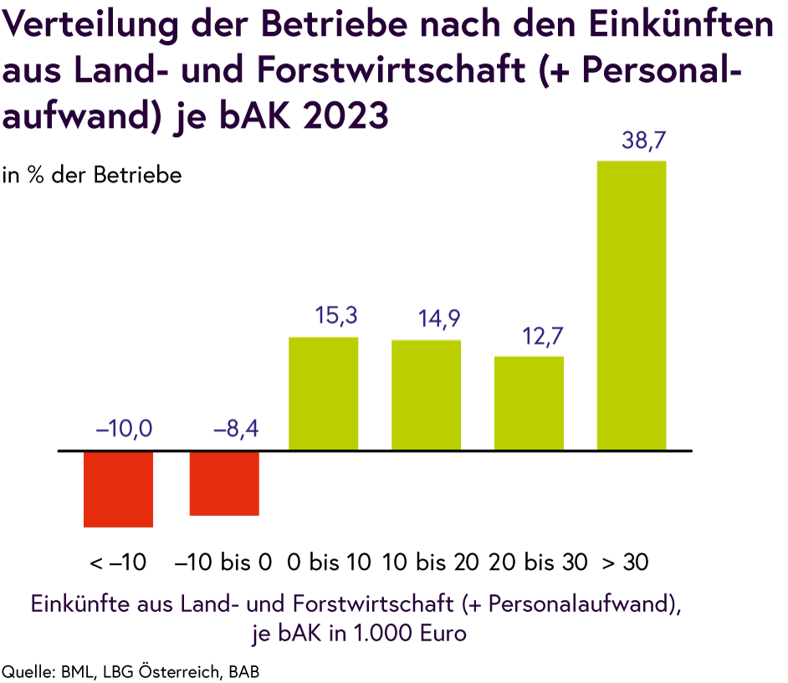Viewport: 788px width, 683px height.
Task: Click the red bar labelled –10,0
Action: click(118, 489)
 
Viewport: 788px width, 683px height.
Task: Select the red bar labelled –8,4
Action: click(223, 483)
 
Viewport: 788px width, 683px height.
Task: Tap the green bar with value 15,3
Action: click(324, 393)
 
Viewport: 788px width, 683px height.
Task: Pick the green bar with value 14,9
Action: click(426, 395)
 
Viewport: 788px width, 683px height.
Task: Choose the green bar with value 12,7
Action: click(529, 402)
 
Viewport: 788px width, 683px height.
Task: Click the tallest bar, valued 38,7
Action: click(631, 305)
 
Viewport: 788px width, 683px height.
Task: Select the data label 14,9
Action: click(439, 319)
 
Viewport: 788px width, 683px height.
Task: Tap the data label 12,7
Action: click(543, 338)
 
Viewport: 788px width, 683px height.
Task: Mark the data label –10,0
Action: click(125, 431)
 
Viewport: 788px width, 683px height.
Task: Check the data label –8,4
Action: click(236, 431)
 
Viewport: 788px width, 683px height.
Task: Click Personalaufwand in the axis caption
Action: click(578, 604)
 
